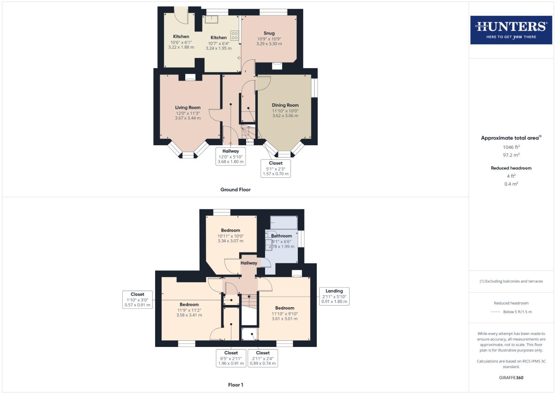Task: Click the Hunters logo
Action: pos(511,30)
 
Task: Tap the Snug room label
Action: pos(269,33)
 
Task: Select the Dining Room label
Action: pos(285,105)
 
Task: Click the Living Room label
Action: pos(188,108)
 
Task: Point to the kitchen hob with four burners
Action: pos(234,35)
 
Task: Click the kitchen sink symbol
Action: pos(211,19)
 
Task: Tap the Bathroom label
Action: pos(281,236)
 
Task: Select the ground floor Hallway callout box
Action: pos(230,157)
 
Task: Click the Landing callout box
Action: pos(334,296)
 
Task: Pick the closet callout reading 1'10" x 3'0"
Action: pos(137,300)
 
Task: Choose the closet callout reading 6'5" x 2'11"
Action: pos(231,358)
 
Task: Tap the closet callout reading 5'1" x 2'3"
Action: pos(276,169)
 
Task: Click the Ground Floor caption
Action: pos(235,190)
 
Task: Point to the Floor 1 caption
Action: pos(235,385)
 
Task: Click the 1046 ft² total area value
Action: pos(511,147)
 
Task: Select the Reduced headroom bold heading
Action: pos(511,168)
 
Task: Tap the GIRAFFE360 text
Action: pos(511,378)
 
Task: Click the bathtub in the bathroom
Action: pos(284,223)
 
